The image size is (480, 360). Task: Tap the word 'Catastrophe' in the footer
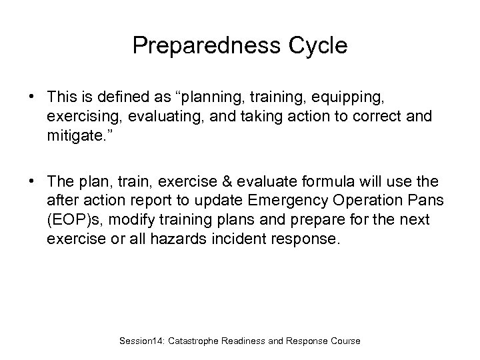tap(201, 341)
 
